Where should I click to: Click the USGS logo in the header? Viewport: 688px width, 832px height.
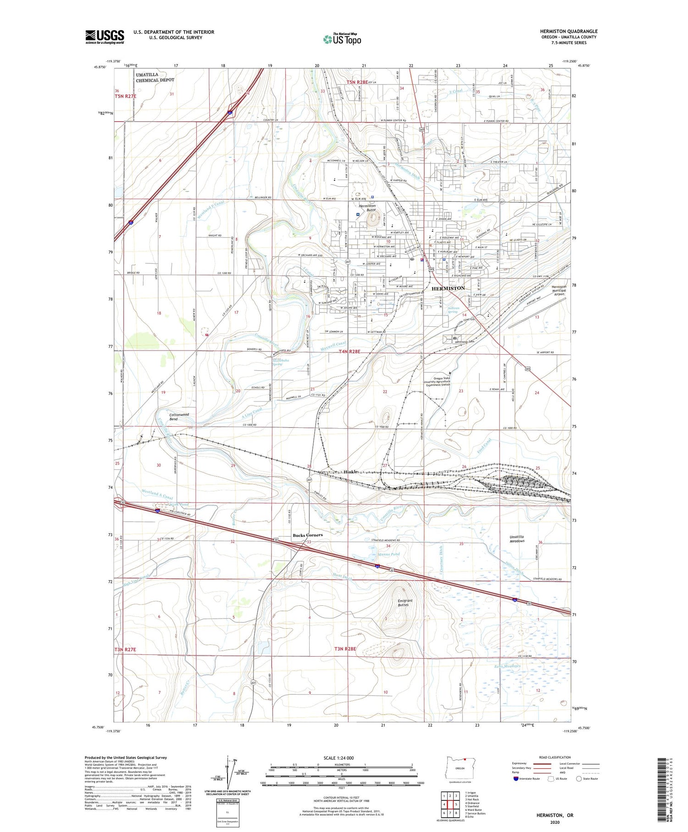(x=105, y=37)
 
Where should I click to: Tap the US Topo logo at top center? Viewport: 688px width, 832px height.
(x=342, y=39)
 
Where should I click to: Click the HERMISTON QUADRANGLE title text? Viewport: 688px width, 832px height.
(x=568, y=32)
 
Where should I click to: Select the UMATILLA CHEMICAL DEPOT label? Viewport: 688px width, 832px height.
(x=155, y=77)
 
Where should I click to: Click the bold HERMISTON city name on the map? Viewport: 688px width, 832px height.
(x=448, y=288)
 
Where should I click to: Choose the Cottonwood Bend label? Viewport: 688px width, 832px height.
(x=179, y=417)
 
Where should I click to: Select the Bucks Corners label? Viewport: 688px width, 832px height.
(x=307, y=535)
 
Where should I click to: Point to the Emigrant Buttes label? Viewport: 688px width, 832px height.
(x=405, y=603)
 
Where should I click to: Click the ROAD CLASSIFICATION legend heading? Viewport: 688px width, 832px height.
(x=555, y=757)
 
